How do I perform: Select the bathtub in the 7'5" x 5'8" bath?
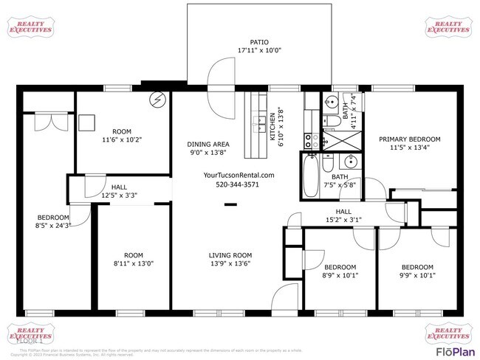click(310, 177)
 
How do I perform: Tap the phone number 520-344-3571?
click(237, 184)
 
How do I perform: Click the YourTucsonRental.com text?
click(238, 175)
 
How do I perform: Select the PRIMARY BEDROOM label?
click(409, 139)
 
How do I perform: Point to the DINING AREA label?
click(208, 144)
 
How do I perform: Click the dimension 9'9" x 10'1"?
click(416, 276)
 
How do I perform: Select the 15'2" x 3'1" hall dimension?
click(343, 219)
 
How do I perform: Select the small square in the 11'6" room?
click(89, 122)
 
